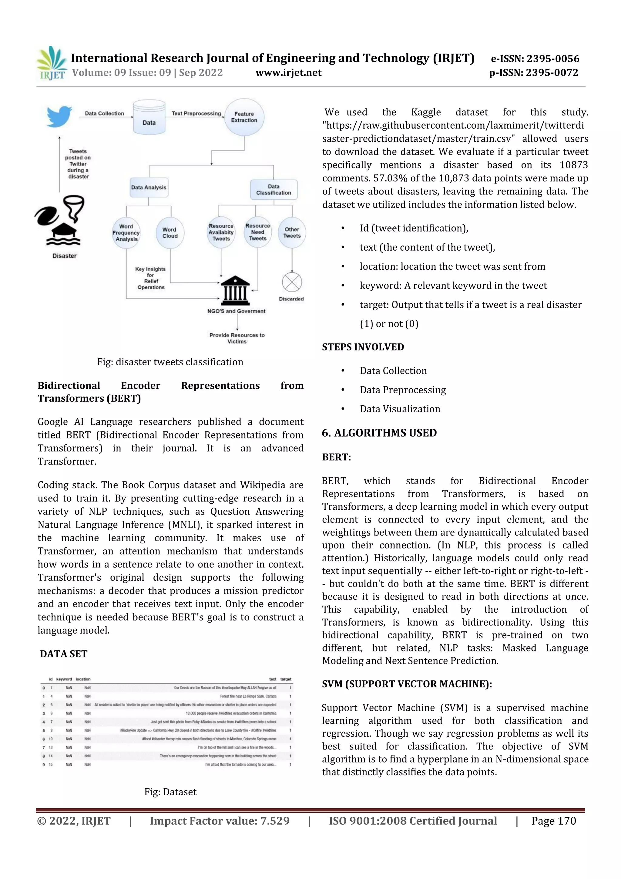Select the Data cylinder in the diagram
(x=149, y=117)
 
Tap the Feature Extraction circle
(x=244, y=117)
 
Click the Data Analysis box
(x=149, y=188)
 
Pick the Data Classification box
(x=274, y=190)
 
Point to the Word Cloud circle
(x=170, y=233)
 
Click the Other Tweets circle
(x=292, y=232)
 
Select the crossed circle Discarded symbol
(x=292, y=282)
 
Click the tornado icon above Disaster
(x=74, y=208)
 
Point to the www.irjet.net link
(x=288, y=73)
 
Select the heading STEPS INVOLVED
(x=363, y=347)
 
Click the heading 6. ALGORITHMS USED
(x=379, y=433)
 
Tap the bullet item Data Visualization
(x=400, y=409)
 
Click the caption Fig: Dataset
(x=170, y=792)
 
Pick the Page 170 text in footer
(x=553, y=821)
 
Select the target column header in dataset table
(x=286, y=679)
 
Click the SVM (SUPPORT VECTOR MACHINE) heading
(x=407, y=684)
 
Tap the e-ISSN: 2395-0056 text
(x=535, y=59)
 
